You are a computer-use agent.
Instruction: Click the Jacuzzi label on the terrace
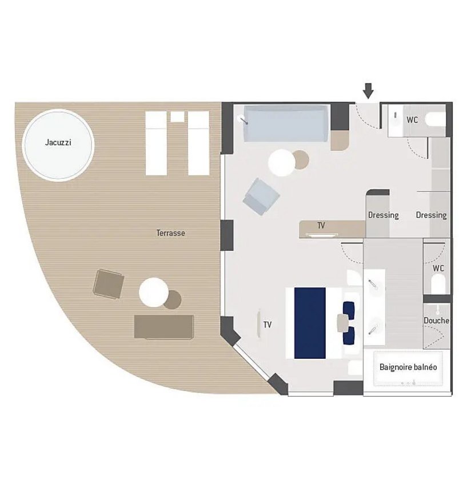point(58,142)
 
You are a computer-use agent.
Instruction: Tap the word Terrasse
point(171,233)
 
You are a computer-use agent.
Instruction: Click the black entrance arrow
point(368,91)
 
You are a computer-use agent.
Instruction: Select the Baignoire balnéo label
point(408,367)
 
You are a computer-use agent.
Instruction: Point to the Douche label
point(436,321)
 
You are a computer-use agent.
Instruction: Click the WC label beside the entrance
point(412,120)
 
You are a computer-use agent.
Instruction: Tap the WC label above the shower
point(438,268)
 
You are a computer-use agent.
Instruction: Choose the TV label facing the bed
point(268,325)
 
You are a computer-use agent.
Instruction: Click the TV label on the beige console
point(321,226)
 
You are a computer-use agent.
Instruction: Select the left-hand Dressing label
point(384,215)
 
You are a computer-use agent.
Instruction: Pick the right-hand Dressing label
point(432,215)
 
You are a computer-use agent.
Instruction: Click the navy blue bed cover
point(310,323)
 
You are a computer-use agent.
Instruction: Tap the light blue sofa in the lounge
point(286,123)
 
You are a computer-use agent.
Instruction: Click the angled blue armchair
point(261,197)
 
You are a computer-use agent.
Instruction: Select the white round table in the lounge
point(282,163)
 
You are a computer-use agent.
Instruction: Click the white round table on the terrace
point(154,292)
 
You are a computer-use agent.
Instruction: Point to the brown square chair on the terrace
point(109,284)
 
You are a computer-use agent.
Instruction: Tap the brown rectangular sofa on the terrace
point(164,327)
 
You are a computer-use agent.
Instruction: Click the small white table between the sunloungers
point(177,117)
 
